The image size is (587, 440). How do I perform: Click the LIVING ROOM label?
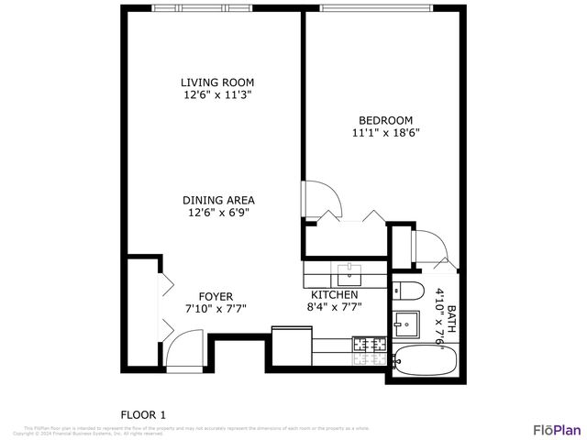[x=216, y=82]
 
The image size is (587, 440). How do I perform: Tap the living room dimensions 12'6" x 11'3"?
[x=216, y=94]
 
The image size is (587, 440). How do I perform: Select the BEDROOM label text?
[x=385, y=120]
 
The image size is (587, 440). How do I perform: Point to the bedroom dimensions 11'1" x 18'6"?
[x=385, y=132]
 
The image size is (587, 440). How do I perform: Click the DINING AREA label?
[x=218, y=200]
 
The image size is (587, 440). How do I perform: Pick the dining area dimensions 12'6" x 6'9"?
[x=218, y=213]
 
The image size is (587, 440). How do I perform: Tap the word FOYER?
[x=216, y=296]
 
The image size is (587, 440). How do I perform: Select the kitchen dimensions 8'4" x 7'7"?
[x=334, y=307]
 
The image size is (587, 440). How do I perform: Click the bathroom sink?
[x=406, y=324]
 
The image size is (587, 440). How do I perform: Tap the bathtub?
[x=424, y=360]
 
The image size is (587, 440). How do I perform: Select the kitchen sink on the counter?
[x=349, y=273]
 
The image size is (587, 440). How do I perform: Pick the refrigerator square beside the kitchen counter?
[x=291, y=346]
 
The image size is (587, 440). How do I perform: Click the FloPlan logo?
[x=557, y=429]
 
